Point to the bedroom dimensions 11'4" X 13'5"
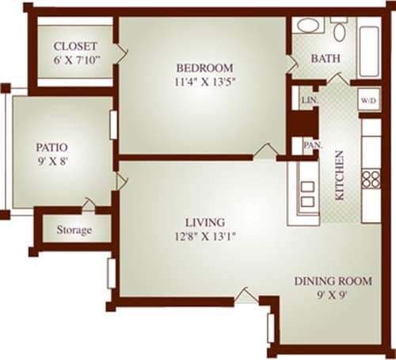click(x=204, y=80)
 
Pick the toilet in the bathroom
click(x=339, y=30)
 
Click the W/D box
click(x=367, y=101)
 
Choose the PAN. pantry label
click(x=310, y=146)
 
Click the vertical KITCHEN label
click(x=339, y=175)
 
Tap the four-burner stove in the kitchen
click(x=371, y=178)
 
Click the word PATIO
click(x=51, y=147)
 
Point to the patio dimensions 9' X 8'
click(x=51, y=161)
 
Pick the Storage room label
click(x=74, y=231)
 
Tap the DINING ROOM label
click(x=333, y=281)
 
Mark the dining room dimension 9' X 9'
click(x=333, y=295)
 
